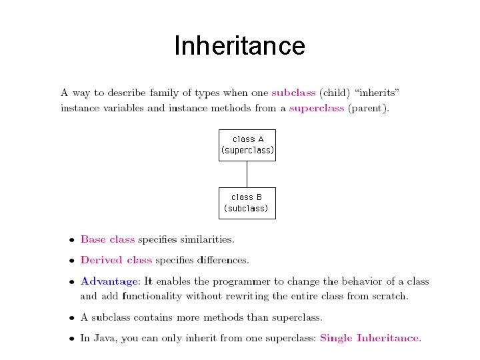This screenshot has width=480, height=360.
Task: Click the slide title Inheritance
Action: tap(239, 46)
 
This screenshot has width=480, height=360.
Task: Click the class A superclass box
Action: tap(247, 145)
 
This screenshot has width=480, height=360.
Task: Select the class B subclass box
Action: tap(247, 203)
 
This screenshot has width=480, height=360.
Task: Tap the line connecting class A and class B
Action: tap(247, 174)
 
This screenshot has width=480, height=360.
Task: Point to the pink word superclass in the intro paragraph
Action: tap(317, 107)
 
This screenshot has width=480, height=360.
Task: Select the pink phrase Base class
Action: tap(107, 239)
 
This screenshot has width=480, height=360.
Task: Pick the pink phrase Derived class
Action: tap(116, 260)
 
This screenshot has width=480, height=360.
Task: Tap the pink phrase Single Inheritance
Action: tap(370, 338)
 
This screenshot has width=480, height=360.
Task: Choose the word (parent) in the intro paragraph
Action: tap(368, 107)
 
